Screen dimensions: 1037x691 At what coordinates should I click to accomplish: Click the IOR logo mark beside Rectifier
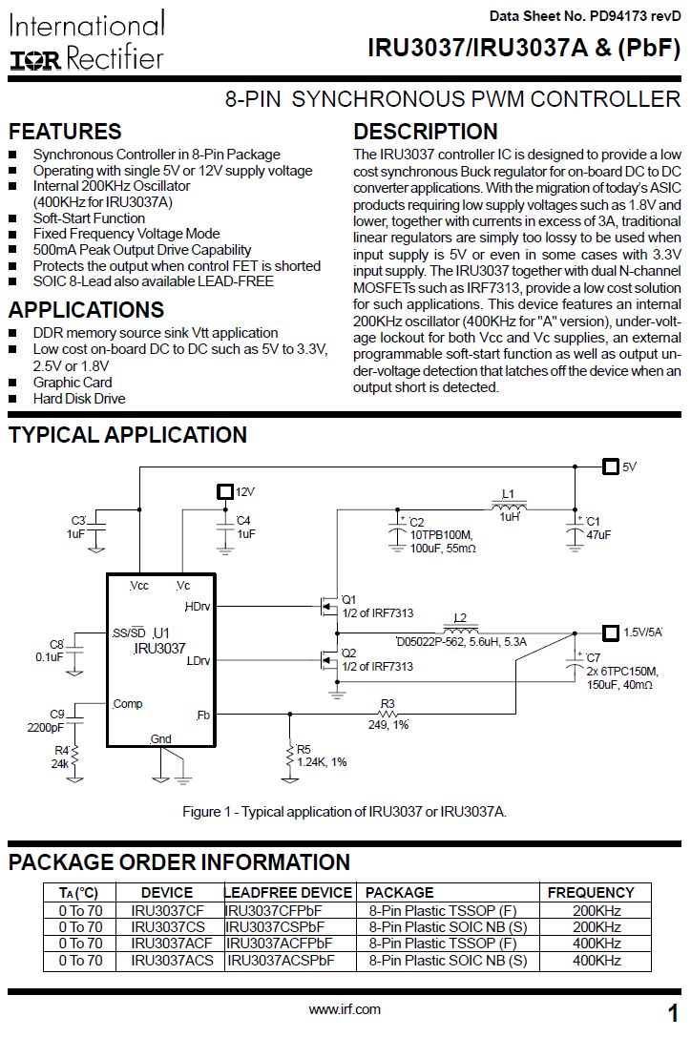click(35, 60)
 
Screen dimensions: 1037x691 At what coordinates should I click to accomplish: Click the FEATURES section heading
click(65, 132)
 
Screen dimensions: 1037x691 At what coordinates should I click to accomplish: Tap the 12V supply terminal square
click(224, 491)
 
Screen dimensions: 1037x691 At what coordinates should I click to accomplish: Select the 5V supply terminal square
click(610, 467)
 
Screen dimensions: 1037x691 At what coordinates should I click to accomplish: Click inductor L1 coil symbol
click(513, 506)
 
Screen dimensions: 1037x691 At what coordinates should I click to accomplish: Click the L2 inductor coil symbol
click(464, 631)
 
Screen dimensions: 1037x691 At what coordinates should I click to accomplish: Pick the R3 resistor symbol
click(387, 715)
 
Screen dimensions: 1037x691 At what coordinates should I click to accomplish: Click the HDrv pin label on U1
click(198, 606)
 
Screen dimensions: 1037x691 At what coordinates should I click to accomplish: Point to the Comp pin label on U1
click(127, 704)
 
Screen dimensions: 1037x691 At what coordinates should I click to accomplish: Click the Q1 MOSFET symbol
click(327, 605)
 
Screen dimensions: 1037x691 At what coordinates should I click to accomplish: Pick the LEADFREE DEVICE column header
click(288, 892)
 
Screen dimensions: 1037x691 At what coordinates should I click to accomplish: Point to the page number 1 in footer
click(673, 1012)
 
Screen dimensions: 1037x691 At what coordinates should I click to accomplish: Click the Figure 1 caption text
click(345, 811)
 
